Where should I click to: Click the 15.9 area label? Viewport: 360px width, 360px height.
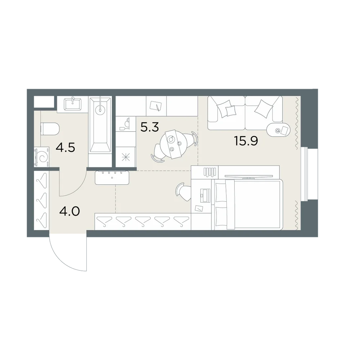coord(246,141)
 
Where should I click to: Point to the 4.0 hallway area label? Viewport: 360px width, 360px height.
coord(69,211)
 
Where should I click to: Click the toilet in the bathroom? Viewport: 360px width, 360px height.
coord(50,129)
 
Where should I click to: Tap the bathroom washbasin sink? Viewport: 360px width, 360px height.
coord(73,104)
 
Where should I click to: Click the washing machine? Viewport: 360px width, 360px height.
coord(41,157)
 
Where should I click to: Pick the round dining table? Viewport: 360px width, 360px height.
coord(174,144)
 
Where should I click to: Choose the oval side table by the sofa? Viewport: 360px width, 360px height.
coord(279,130)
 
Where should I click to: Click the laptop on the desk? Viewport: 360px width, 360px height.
coord(205,195)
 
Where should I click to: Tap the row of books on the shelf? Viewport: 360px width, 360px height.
coord(210,172)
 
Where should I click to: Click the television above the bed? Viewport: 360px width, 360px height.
coord(249,176)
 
